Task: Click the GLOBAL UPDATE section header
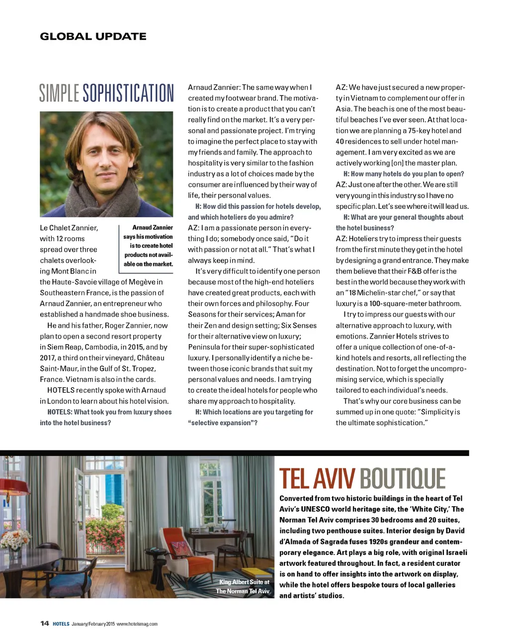point(93,36)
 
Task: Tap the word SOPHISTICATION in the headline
point(128,93)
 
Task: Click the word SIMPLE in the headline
point(59,93)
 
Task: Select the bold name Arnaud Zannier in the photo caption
point(153,227)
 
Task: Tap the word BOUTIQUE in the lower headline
point(403,479)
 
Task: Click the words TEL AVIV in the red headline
point(317,479)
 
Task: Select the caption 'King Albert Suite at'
point(244,582)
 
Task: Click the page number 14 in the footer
point(45,624)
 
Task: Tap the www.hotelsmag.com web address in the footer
point(137,624)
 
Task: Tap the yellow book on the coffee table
point(254,572)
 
